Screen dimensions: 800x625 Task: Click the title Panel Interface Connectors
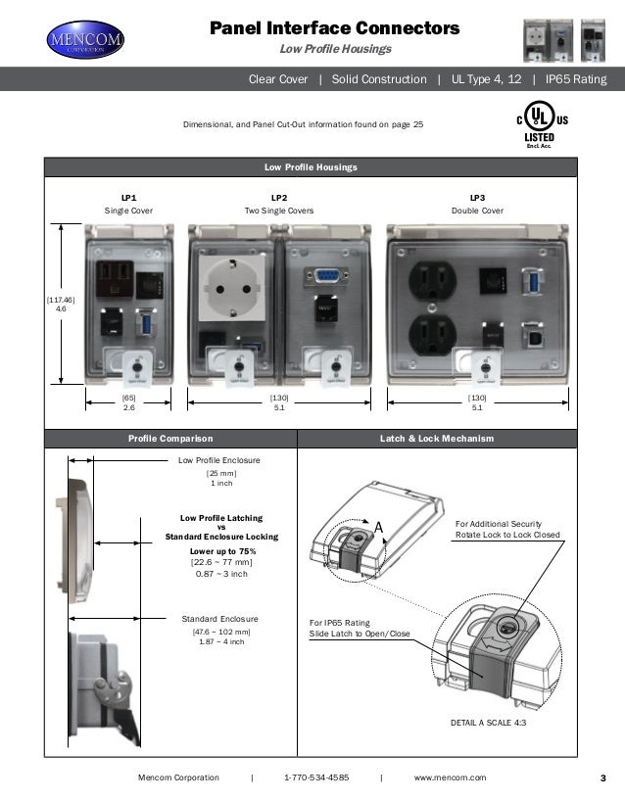tap(335, 30)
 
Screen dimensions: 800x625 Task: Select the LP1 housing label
tap(128, 198)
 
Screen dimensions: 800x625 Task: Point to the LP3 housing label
tap(477, 198)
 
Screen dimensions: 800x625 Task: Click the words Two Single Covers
tap(278, 211)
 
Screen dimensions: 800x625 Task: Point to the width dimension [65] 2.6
tap(128, 402)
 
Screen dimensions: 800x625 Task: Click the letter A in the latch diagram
tap(377, 528)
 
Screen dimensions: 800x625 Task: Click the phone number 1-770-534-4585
tap(315, 777)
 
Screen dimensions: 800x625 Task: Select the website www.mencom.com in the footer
tap(450, 777)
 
